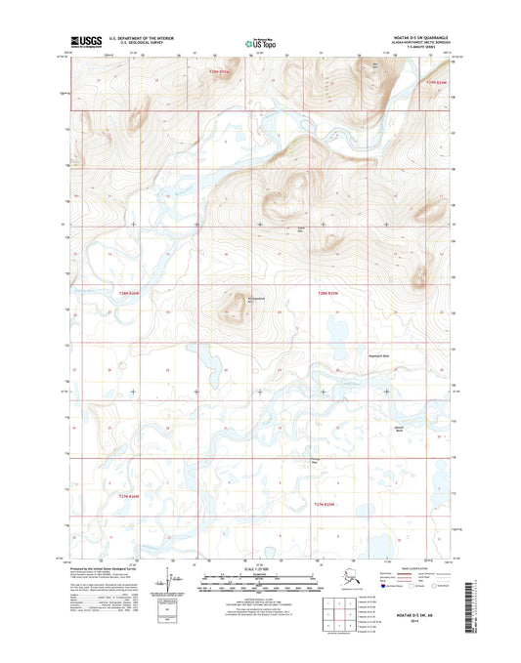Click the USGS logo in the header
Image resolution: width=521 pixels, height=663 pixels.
click(86, 41)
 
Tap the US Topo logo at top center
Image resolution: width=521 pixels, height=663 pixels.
click(259, 43)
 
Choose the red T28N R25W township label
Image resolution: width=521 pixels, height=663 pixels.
click(328, 293)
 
